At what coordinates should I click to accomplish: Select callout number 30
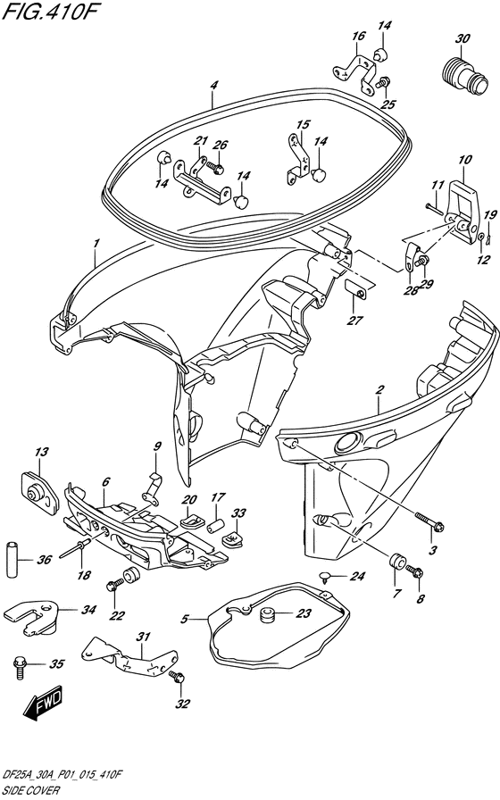click(x=463, y=38)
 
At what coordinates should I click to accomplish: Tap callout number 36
click(x=45, y=560)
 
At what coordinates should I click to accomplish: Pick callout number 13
click(x=42, y=452)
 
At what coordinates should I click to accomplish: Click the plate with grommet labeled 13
click(x=40, y=491)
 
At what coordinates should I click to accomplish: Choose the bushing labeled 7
click(x=397, y=562)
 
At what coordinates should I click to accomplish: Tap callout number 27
click(x=355, y=321)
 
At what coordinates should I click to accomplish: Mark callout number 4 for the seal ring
click(x=213, y=85)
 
